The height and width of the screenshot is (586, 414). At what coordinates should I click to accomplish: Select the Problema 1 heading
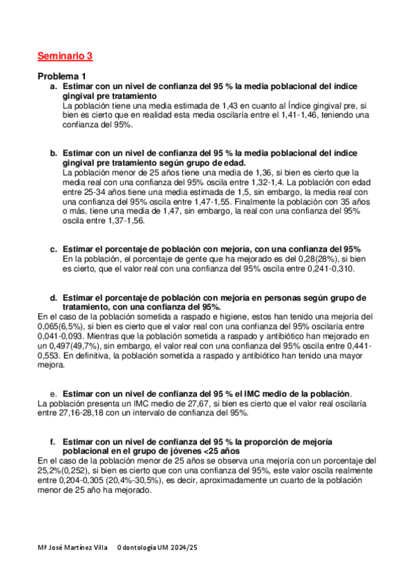62,76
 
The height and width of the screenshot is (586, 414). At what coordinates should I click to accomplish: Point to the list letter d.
53,298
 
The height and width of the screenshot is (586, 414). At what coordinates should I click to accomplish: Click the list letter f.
53,441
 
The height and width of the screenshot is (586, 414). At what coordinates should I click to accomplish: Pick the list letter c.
53,249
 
